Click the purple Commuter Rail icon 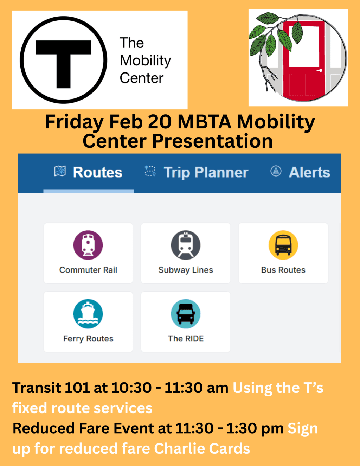tap(88, 245)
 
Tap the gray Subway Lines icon tap(186, 245)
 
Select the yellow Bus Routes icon tap(283, 245)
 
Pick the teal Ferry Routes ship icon tap(88, 314)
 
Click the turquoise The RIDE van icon tap(186, 314)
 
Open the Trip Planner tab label tap(206, 172)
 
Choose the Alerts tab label tap(309, 172)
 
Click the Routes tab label tap(97, 172)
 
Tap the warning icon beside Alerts tap(276, 171)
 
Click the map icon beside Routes tap(60, 171)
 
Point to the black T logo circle tap(64, 60)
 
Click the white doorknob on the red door tap(320, 70)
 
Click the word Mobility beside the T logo tap(145, 60)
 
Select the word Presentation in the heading tap(212, 141)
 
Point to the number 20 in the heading tap(160, 122)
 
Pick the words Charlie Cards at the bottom tap(202, 448)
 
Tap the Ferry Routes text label tap(88, 339)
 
